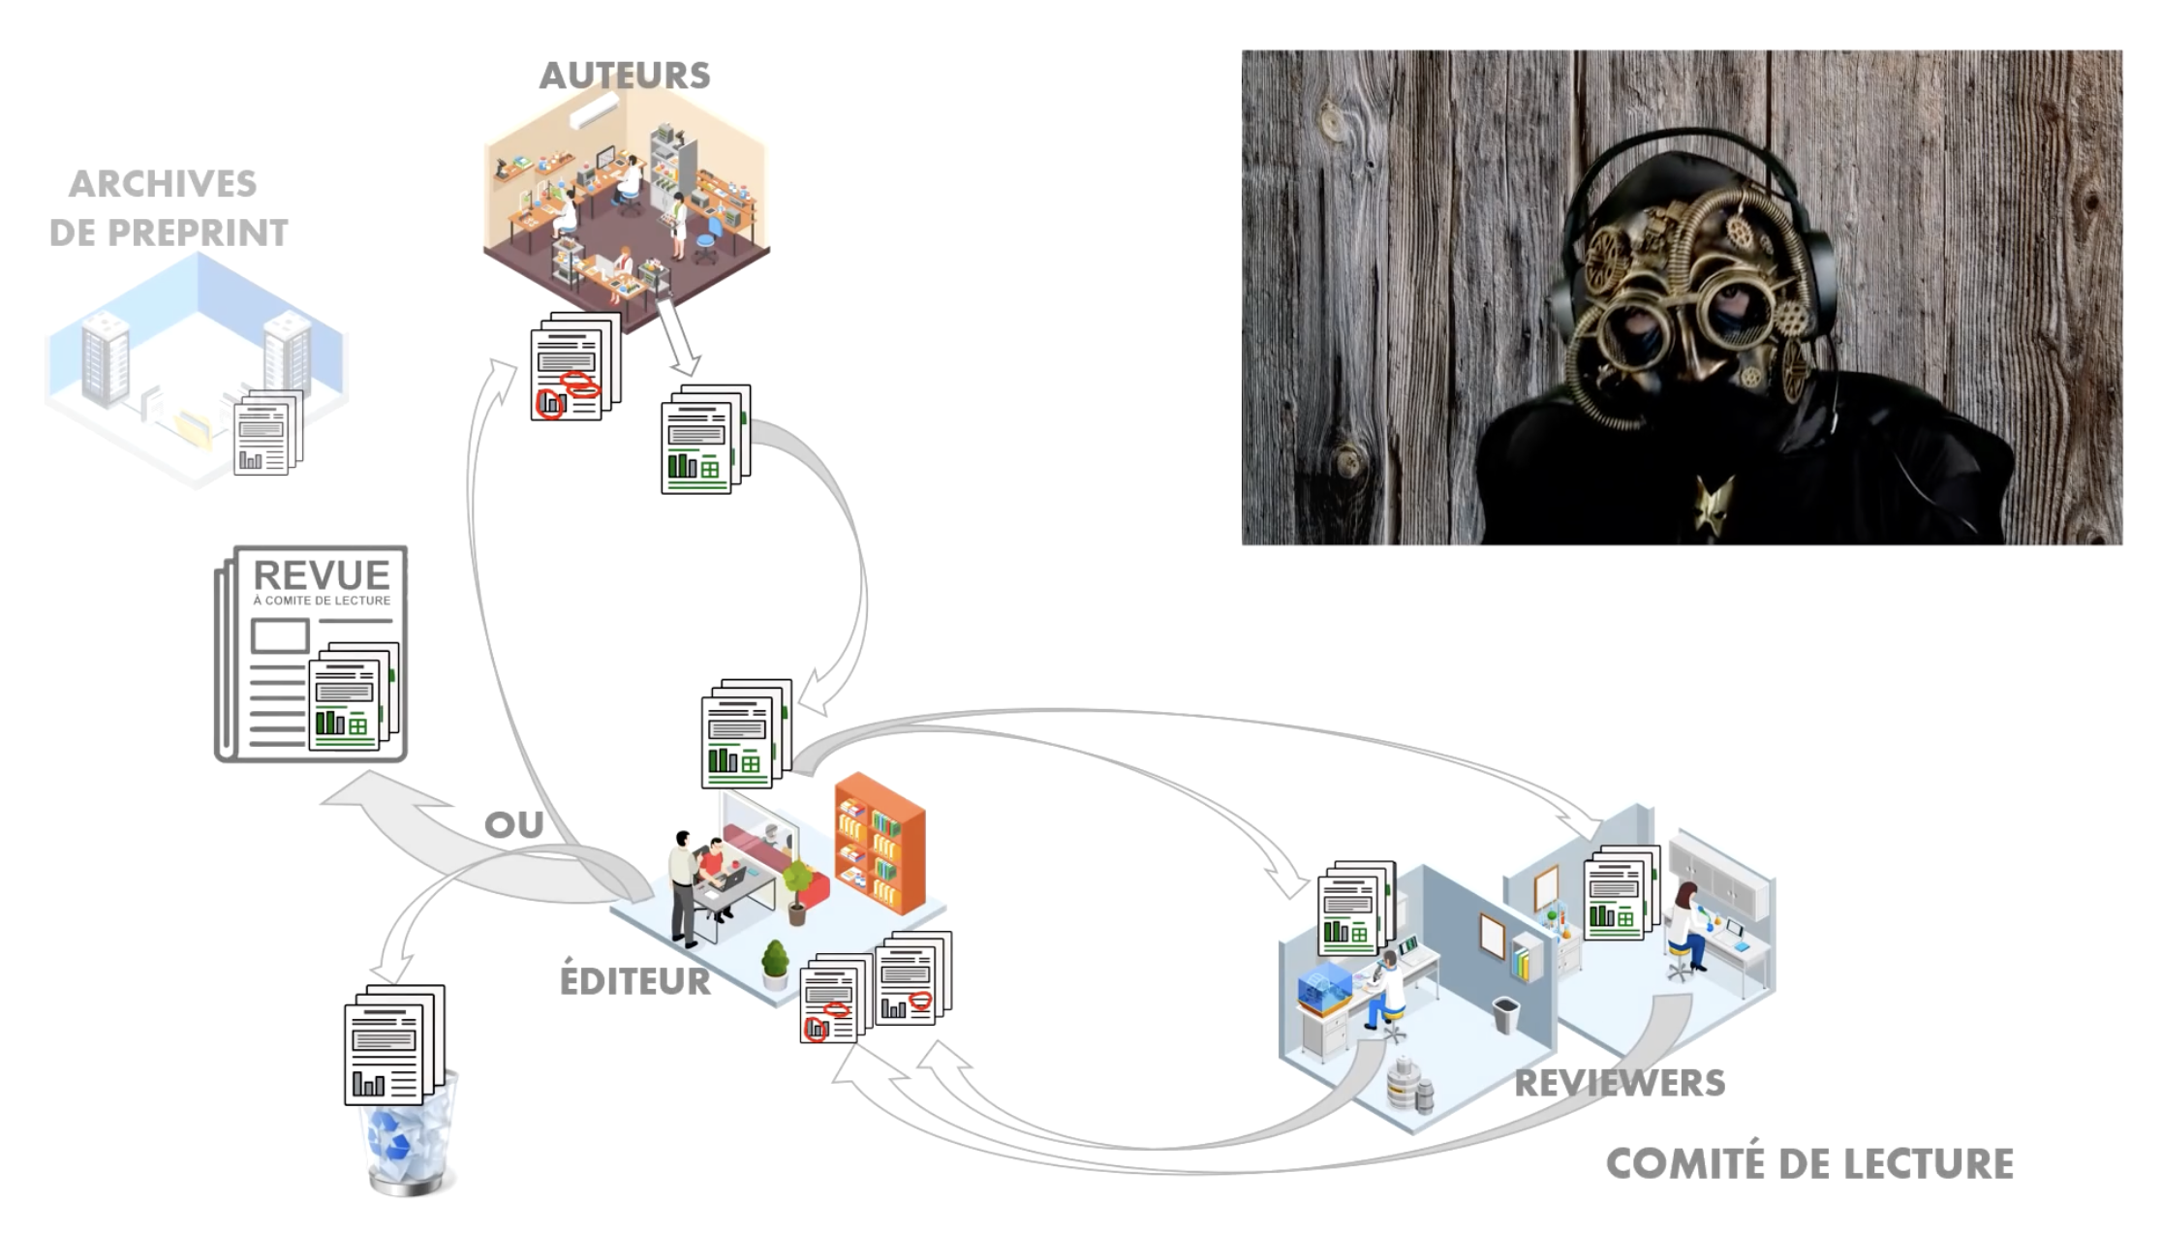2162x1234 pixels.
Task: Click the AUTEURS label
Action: point(625,76)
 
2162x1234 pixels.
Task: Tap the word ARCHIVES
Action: point(163,183)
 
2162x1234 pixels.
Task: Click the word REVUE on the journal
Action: point(322,575)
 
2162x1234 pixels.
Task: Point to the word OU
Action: point(513,825)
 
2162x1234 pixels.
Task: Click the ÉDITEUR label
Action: point(635,980)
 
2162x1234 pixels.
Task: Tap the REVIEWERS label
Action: point(1620,1083)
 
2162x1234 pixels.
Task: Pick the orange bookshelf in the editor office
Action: point(880,842)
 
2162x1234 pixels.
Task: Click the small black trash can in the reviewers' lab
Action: point(1505,1015)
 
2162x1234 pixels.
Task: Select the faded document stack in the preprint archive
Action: point(267,432)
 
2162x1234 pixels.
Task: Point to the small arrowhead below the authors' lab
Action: point(685,364)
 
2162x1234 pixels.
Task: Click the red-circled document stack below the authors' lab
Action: point(574,368)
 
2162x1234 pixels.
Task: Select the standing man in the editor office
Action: point(683,886)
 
